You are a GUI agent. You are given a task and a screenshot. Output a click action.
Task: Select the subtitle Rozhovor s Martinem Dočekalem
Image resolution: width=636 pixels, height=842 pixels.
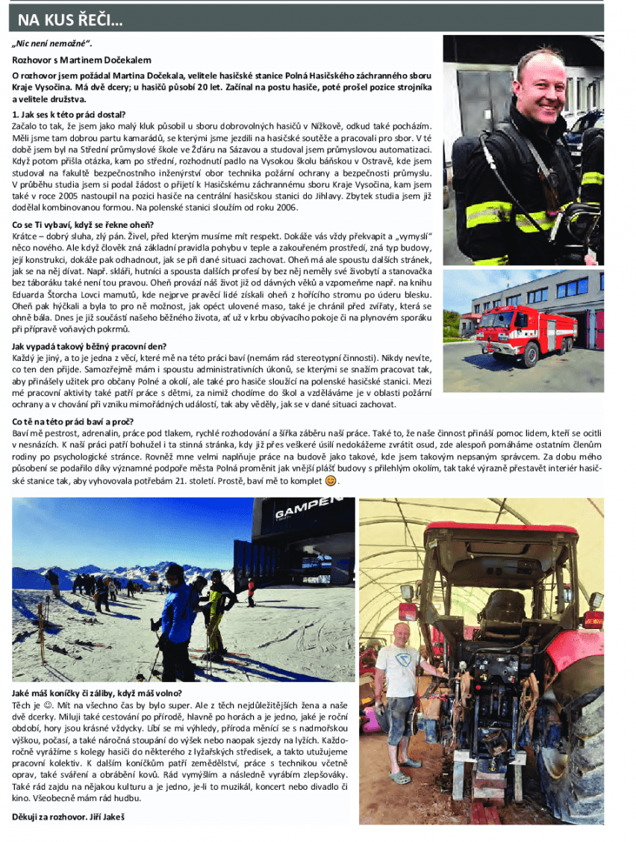point(82,60)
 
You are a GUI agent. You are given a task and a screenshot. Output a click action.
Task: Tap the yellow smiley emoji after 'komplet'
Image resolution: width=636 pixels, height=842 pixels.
point(332,481)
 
